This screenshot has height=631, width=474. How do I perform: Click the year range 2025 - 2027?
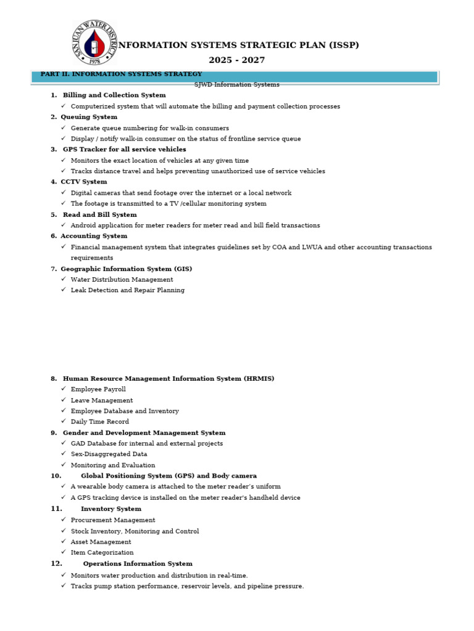[236, 60]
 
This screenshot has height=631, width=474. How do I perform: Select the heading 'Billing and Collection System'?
[114, 96]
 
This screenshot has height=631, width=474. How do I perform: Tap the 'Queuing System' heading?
[89, 117]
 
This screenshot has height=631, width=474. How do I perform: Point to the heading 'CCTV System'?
[84, 182]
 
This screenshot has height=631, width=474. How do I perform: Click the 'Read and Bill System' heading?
[100, 214]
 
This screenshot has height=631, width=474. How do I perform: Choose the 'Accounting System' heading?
[94, 236]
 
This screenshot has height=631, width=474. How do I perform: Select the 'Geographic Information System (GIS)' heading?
[127, 269]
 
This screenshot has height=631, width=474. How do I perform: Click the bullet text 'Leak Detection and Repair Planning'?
[128, 290]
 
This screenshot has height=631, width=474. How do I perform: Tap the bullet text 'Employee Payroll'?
[98, 389]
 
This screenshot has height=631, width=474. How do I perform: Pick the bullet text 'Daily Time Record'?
[100, 422]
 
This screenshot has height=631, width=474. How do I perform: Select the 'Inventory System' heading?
[111, 509]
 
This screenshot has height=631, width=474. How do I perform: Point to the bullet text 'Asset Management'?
[101, 542]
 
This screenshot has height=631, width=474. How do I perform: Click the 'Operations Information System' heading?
[138, 564]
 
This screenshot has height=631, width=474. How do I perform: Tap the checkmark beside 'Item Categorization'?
[63, 552]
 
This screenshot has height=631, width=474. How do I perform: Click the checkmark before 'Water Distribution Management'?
[63, 279]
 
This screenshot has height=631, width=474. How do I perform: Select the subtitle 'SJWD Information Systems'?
[237, 85]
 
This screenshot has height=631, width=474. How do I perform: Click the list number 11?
[56, 509]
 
